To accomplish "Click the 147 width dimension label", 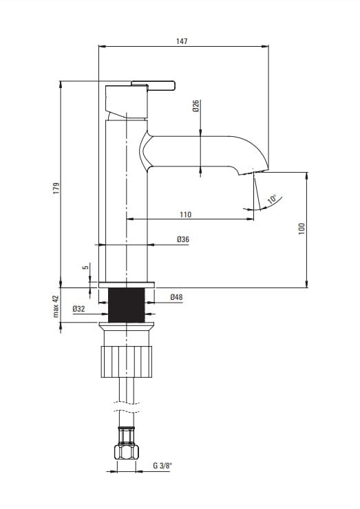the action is tap(182, 41).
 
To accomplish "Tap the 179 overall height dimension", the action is tap(56, 188).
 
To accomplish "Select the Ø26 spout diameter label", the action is tap(195, 106).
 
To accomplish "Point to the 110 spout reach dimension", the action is tap(186, 215).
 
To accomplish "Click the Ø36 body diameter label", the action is tap(183, 239).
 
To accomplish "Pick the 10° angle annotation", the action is tap(273, 199).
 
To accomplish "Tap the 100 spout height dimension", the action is tap(301, 229).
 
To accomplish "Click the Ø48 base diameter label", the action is tap(176, 296).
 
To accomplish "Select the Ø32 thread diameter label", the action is tap(78, 309).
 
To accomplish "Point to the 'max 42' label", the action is tap(56, 306).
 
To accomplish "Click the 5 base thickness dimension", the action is tap(85, 267).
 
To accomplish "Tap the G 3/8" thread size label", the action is tap(162, 466).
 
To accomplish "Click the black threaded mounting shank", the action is tap(126, 305).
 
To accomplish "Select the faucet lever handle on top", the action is tap(153, 85).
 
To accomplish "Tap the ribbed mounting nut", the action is tap(127, 362).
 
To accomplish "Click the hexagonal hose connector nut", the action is tap(127, 452).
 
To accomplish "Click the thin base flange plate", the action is tap(127, 285).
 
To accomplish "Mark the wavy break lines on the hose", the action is tap(127, 407).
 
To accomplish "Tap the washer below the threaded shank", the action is tap(127, 325).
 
